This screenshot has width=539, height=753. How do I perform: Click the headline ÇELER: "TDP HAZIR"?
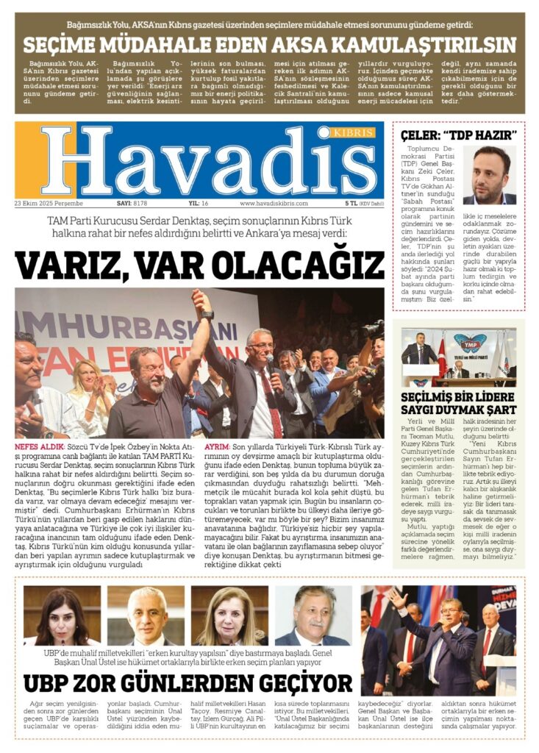(x=459, y=135)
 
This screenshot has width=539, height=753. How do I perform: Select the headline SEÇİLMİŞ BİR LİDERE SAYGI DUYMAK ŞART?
(x=459, y=402)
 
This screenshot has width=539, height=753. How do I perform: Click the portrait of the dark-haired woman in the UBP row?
(x=63, y=615)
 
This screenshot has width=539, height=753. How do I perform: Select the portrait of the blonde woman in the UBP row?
(x=229, y=615)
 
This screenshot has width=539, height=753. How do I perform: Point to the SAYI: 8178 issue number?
(x=132, y=203)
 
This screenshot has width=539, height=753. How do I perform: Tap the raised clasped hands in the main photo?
(x=199, y=301)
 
